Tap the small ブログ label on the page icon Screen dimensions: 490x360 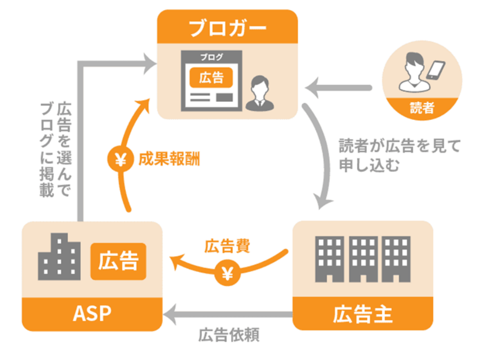pos(211,57)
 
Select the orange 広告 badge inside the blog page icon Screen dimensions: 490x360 pos(211,77)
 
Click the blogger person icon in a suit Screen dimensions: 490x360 pos(259,93)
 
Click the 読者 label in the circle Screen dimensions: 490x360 pos(422,108)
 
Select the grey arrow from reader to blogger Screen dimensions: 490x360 pos(338,88)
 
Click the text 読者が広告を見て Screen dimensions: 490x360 pos(399,146)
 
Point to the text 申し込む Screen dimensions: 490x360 pos(369,165)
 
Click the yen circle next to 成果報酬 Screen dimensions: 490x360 pos(120,159)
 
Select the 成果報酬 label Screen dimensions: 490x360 pos(169,159)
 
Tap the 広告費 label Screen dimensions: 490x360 pos(227,246)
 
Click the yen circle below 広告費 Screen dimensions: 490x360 pos(227,273)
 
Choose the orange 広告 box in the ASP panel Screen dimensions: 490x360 pos(118,261)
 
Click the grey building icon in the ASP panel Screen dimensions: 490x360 pos(59,256)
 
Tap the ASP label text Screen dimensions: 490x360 pos(92,313)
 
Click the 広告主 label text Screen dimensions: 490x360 pos(362,314)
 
